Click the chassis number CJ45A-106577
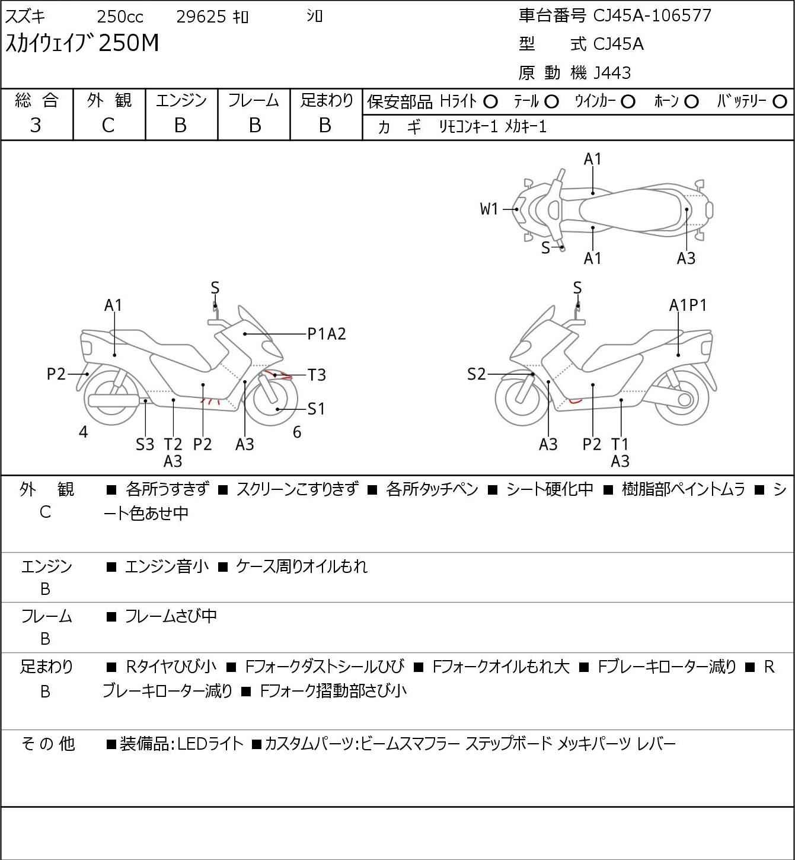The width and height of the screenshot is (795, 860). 652,16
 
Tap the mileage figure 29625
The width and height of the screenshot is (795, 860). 201,17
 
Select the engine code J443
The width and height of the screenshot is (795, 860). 612,73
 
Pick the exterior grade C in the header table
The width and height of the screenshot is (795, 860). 108,126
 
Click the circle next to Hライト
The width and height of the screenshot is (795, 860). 490,102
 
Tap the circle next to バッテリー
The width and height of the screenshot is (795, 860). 780,102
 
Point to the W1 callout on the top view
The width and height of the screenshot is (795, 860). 489,209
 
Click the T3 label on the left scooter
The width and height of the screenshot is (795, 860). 317,375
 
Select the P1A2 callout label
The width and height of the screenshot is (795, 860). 327,334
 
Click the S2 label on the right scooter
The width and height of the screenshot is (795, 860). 476,374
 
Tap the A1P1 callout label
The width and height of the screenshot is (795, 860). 688,305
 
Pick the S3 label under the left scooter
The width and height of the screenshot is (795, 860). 145,444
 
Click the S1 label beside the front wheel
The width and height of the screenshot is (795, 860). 316,409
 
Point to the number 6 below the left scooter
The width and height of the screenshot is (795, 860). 297,432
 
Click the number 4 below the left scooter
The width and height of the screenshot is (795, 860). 84,432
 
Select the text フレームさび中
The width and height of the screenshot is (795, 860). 170,616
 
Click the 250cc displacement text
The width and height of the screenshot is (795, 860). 120,17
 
